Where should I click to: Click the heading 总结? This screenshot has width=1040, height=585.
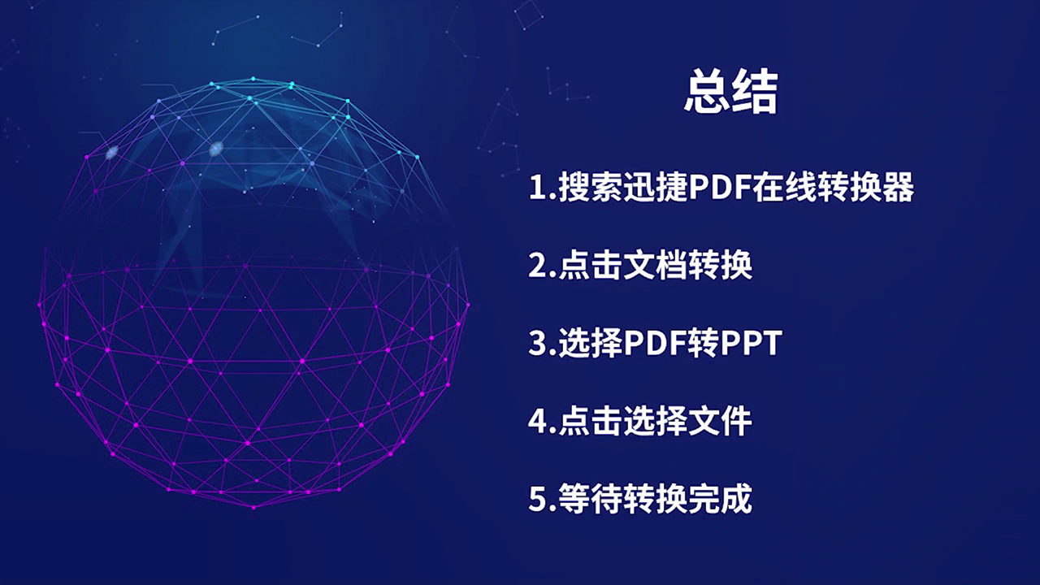(730, 92)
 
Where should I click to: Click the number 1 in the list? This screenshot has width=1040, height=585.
(538, 187)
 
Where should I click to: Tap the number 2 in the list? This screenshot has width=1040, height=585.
(538, 265)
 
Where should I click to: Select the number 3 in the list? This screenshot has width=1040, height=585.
(538, 343)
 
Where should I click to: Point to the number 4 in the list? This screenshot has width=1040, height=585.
(538, 421)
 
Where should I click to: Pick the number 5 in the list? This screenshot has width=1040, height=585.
(538, 499)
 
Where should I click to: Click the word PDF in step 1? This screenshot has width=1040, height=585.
(719, 187)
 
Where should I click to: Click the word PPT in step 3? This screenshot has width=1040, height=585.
(752, 343)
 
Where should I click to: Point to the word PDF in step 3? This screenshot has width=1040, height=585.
(654, 343)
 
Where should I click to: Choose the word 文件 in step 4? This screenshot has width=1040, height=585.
(720, 421)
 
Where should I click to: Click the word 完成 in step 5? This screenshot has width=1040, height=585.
(720, 499)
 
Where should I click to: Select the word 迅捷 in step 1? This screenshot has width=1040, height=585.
(655, 187)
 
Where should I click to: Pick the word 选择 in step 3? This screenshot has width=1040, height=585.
(591, 343)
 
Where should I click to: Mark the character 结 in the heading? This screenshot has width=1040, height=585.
(755, 92)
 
